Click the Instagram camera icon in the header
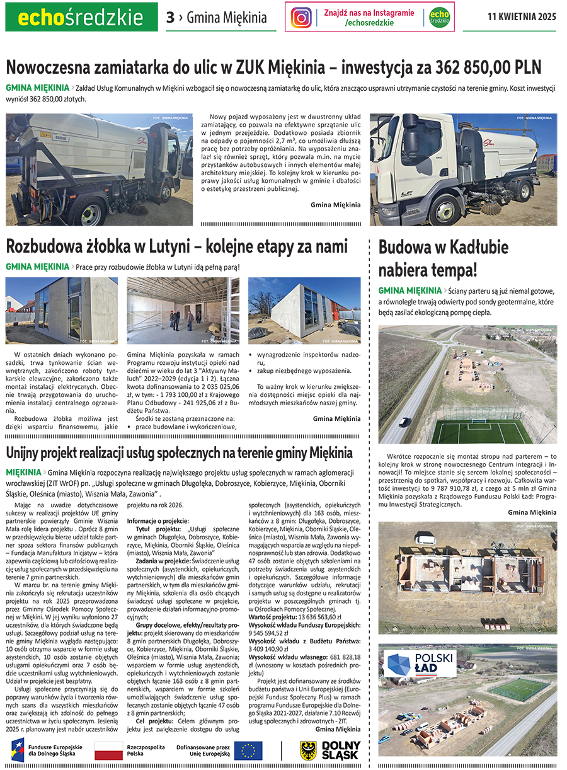(302, 17)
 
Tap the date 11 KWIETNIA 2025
(522, 17)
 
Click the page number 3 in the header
(170, 18)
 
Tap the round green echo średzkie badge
(440, 17)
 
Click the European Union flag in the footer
(248, 750)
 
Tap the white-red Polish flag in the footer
(108, 750)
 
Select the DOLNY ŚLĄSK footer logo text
(340, 750)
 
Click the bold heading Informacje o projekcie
(157, 521)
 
